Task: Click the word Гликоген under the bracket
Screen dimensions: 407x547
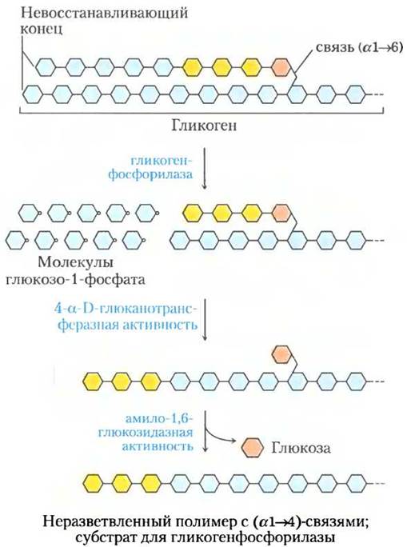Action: click(x=204, y=126)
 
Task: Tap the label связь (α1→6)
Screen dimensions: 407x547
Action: click(x=359, y=48)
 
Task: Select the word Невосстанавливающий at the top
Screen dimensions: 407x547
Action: click(x=104, y=14)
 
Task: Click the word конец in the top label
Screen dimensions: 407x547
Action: click(x=42, y=29)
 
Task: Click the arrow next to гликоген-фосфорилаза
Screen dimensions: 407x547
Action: click(x=205, y=169)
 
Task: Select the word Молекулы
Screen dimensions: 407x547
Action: click(x=75, y=262)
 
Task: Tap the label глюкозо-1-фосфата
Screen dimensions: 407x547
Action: click(x=75, y=279)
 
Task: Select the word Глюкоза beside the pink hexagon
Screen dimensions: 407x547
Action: click(x=301, y=448)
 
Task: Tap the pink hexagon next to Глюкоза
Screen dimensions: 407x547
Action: click(x=252, y=447)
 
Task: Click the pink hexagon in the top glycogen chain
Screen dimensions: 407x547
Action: click(x=281, y=67)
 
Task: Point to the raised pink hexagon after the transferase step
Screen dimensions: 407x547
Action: click(x=281, y=354)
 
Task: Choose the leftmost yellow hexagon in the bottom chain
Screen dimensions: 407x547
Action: click(x=93, y=483)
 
